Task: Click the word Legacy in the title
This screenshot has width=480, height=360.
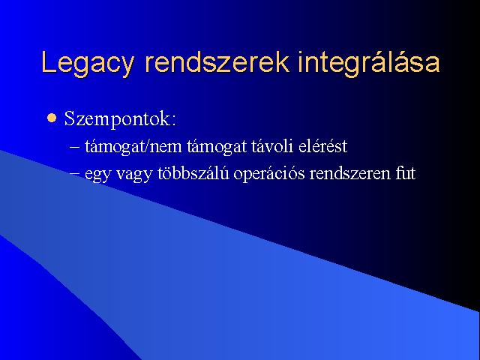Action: click(x=88, y=64)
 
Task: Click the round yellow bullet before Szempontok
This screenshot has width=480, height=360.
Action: click(x=52, y=118)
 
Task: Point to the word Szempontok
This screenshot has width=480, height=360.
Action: click(x=116, y=118)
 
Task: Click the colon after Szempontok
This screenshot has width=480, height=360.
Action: click(x=173, y=121)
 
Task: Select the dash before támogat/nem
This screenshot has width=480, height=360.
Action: click(x=74, y=147)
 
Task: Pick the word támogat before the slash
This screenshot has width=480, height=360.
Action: click(x=113, y=147)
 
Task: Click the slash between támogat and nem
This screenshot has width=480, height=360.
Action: click(x=145, y=145)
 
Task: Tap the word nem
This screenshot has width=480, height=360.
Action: click(x=165, y=148)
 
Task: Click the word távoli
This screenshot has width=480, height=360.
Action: click(x=271, y=145)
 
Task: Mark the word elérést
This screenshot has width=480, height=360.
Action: click(x=323, y=145)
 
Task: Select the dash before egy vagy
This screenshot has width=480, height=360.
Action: click(x=74, y=174)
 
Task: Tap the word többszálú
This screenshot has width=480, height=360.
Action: click(x=193, y=173)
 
